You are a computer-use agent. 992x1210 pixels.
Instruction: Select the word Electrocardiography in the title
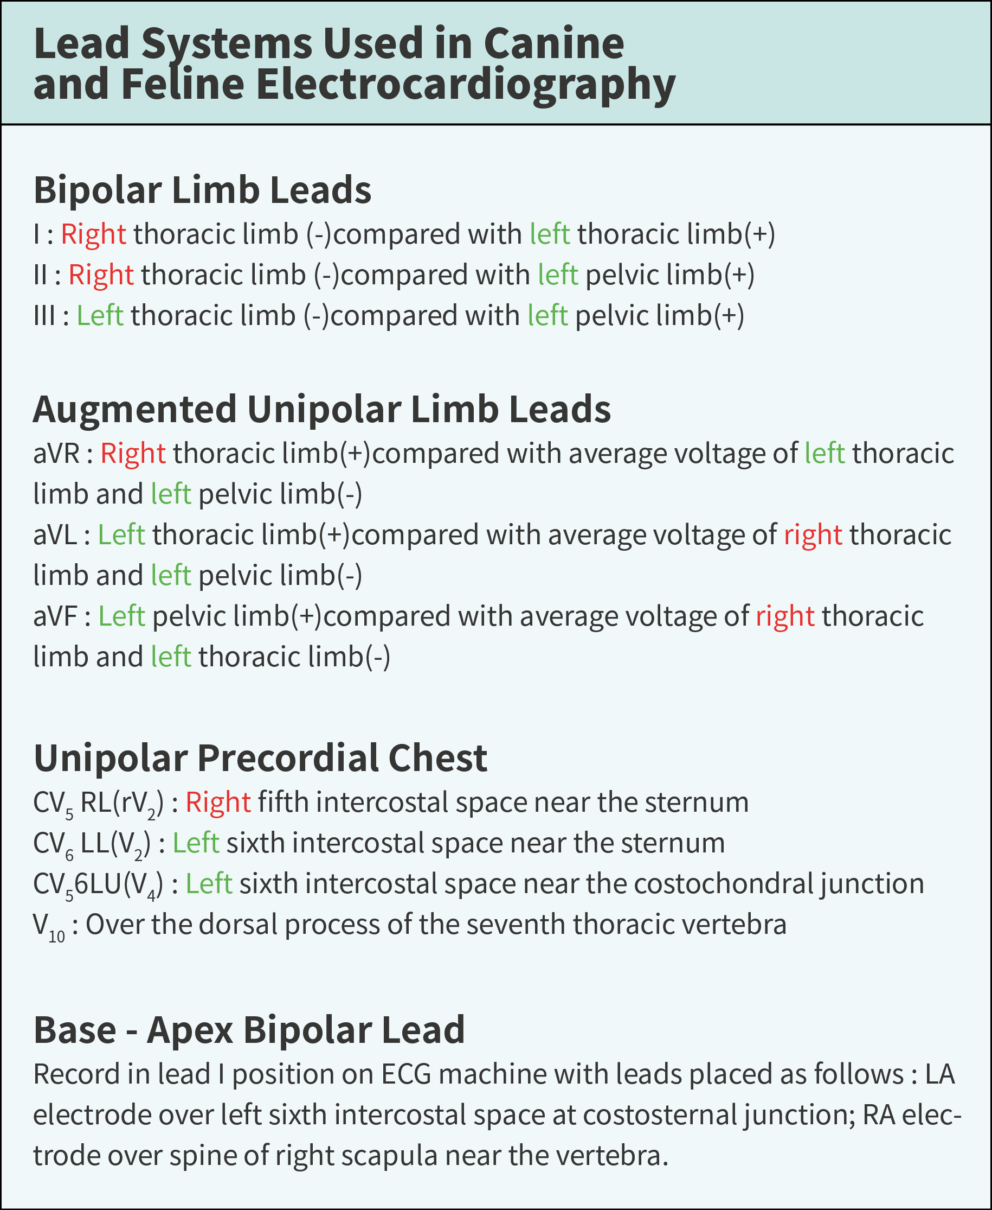click(465, 85)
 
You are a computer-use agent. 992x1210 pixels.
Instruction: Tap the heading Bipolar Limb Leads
click(202, 190)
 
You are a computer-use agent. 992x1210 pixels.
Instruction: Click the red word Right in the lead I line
click(93, 234)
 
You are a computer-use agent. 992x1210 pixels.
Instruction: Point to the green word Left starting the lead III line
click(99, 316)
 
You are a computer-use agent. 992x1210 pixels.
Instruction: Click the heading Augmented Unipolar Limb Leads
click(321, 410)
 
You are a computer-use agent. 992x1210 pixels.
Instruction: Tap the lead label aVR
click(56, 454)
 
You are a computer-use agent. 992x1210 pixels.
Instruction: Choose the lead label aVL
click(55, 535)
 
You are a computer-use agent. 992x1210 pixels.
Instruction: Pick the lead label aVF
click(55, 616)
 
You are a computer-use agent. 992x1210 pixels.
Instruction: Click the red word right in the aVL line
click(812, 535)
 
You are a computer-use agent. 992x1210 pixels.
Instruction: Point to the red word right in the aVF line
click(784, 616)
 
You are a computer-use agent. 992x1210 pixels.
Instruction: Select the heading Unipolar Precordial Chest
click(260, 758)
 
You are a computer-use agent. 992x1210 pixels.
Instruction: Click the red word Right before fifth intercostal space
click(218, 803)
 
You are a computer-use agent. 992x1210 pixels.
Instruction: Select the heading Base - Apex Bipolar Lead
click(249, 1030)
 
